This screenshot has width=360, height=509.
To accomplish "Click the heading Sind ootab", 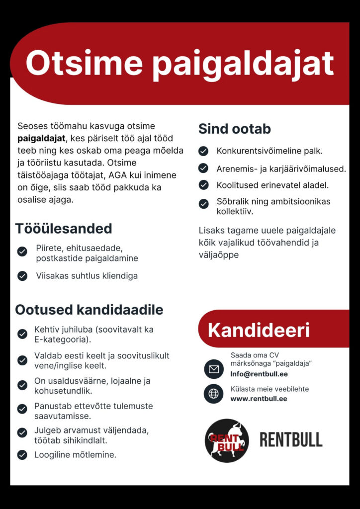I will pyautogui.click(x=234, y=129).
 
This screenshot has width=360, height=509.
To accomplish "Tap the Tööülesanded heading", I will pyautogui.click(x=64, y=229).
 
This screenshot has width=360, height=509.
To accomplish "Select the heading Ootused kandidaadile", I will pyautogui.click(x=89, y=310).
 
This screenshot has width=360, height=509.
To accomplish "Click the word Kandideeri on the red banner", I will pyautogui.click(x=259, y=330).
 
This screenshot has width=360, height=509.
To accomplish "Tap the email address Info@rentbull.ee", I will pyautogui.click(x=259, y=374).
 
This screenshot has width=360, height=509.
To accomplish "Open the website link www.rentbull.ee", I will pyautogui.click(x=259, y=399).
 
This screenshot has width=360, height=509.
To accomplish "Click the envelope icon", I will pyautogui.click(x=214, y=369).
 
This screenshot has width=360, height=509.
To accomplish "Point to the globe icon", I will pyautogui.click(x=214, y=394).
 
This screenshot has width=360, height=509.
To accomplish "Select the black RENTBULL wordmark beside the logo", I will pyautogui.click(x=291, y=440).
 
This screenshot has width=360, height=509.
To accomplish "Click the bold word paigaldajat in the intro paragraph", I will pyautogui.click(x=41, y=138).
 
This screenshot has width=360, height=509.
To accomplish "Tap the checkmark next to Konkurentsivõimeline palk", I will pyautogui.click(x=203, y=151).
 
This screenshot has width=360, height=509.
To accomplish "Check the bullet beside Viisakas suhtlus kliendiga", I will pyautogui.click(x=22, y=276).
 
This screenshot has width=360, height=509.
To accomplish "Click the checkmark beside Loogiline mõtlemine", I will pyautogui.click(x=22, y=454).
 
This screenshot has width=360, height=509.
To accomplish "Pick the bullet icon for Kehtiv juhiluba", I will pyautogui.click(x=22, y=334).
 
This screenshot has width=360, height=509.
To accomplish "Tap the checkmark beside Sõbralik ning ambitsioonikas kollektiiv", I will pyautogui.click(x=203, y=203).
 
